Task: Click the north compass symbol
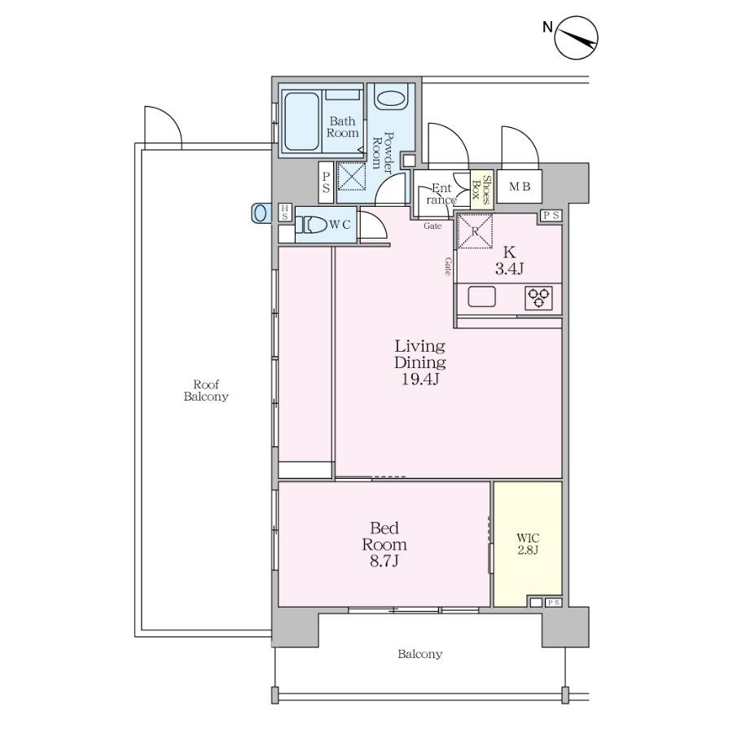click(576, 37)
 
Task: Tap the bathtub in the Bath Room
click(301, 121)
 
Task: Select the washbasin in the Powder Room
click(391, 99)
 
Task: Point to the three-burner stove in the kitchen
click(538, 298)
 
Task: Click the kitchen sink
click(481, 296)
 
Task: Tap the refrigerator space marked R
click(475, 231)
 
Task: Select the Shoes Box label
click(482, 189)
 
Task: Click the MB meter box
click(520, 187)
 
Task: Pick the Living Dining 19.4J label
click(419, 362)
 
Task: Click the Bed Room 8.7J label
click(384, 544)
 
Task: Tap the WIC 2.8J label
click(528, 544)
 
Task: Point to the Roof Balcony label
click(206, 390)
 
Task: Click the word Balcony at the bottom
click(419, 654)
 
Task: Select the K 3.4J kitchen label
click(509, 260)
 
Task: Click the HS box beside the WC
click(285, 213)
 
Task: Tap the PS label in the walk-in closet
click(553, 603)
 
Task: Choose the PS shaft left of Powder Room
click(326, 182)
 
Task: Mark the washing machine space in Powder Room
click(352, 176)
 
